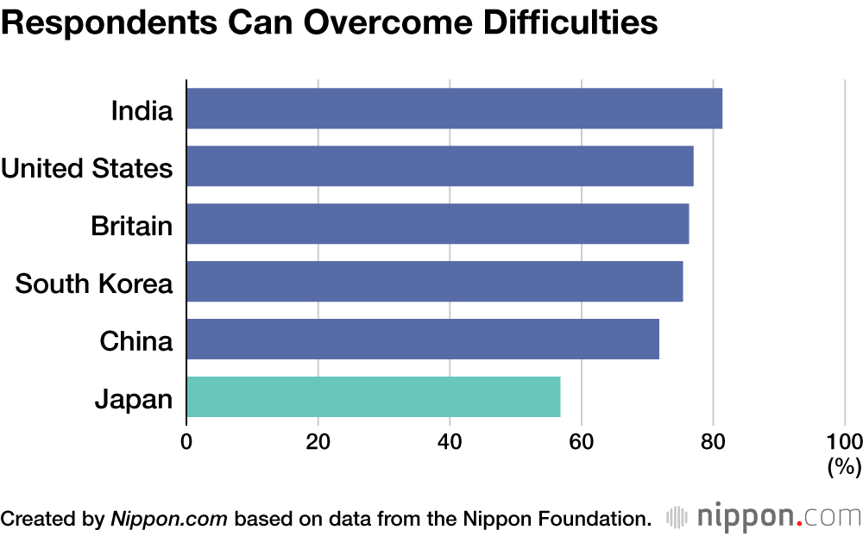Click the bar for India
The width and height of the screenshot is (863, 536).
coord(455,109)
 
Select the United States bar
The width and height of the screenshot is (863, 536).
coord(440,166)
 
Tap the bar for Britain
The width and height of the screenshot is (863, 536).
coord(438,224)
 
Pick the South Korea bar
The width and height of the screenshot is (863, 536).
coord(435,282)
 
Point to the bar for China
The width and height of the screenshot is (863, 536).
coord(423,340)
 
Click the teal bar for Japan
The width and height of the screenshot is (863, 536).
coord(374,397)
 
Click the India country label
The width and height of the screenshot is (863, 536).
coord(142,110)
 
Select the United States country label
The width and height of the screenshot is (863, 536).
coord(87,168)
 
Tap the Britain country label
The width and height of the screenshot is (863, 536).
coord(131,226)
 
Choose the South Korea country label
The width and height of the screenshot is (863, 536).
coord(94,284)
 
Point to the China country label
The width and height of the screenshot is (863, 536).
coord(136,341)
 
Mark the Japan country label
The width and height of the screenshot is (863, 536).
coord(134,400)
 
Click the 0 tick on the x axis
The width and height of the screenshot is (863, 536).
coord(186,441)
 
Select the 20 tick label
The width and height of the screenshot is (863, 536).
coord(318,441)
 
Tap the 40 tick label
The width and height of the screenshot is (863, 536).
coord(450,441)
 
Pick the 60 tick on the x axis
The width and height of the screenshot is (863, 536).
coord(581,441)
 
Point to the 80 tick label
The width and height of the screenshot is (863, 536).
coord(713,441)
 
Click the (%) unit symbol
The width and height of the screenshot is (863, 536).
coord(844,467)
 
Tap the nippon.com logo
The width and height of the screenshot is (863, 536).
coord(764,517)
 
